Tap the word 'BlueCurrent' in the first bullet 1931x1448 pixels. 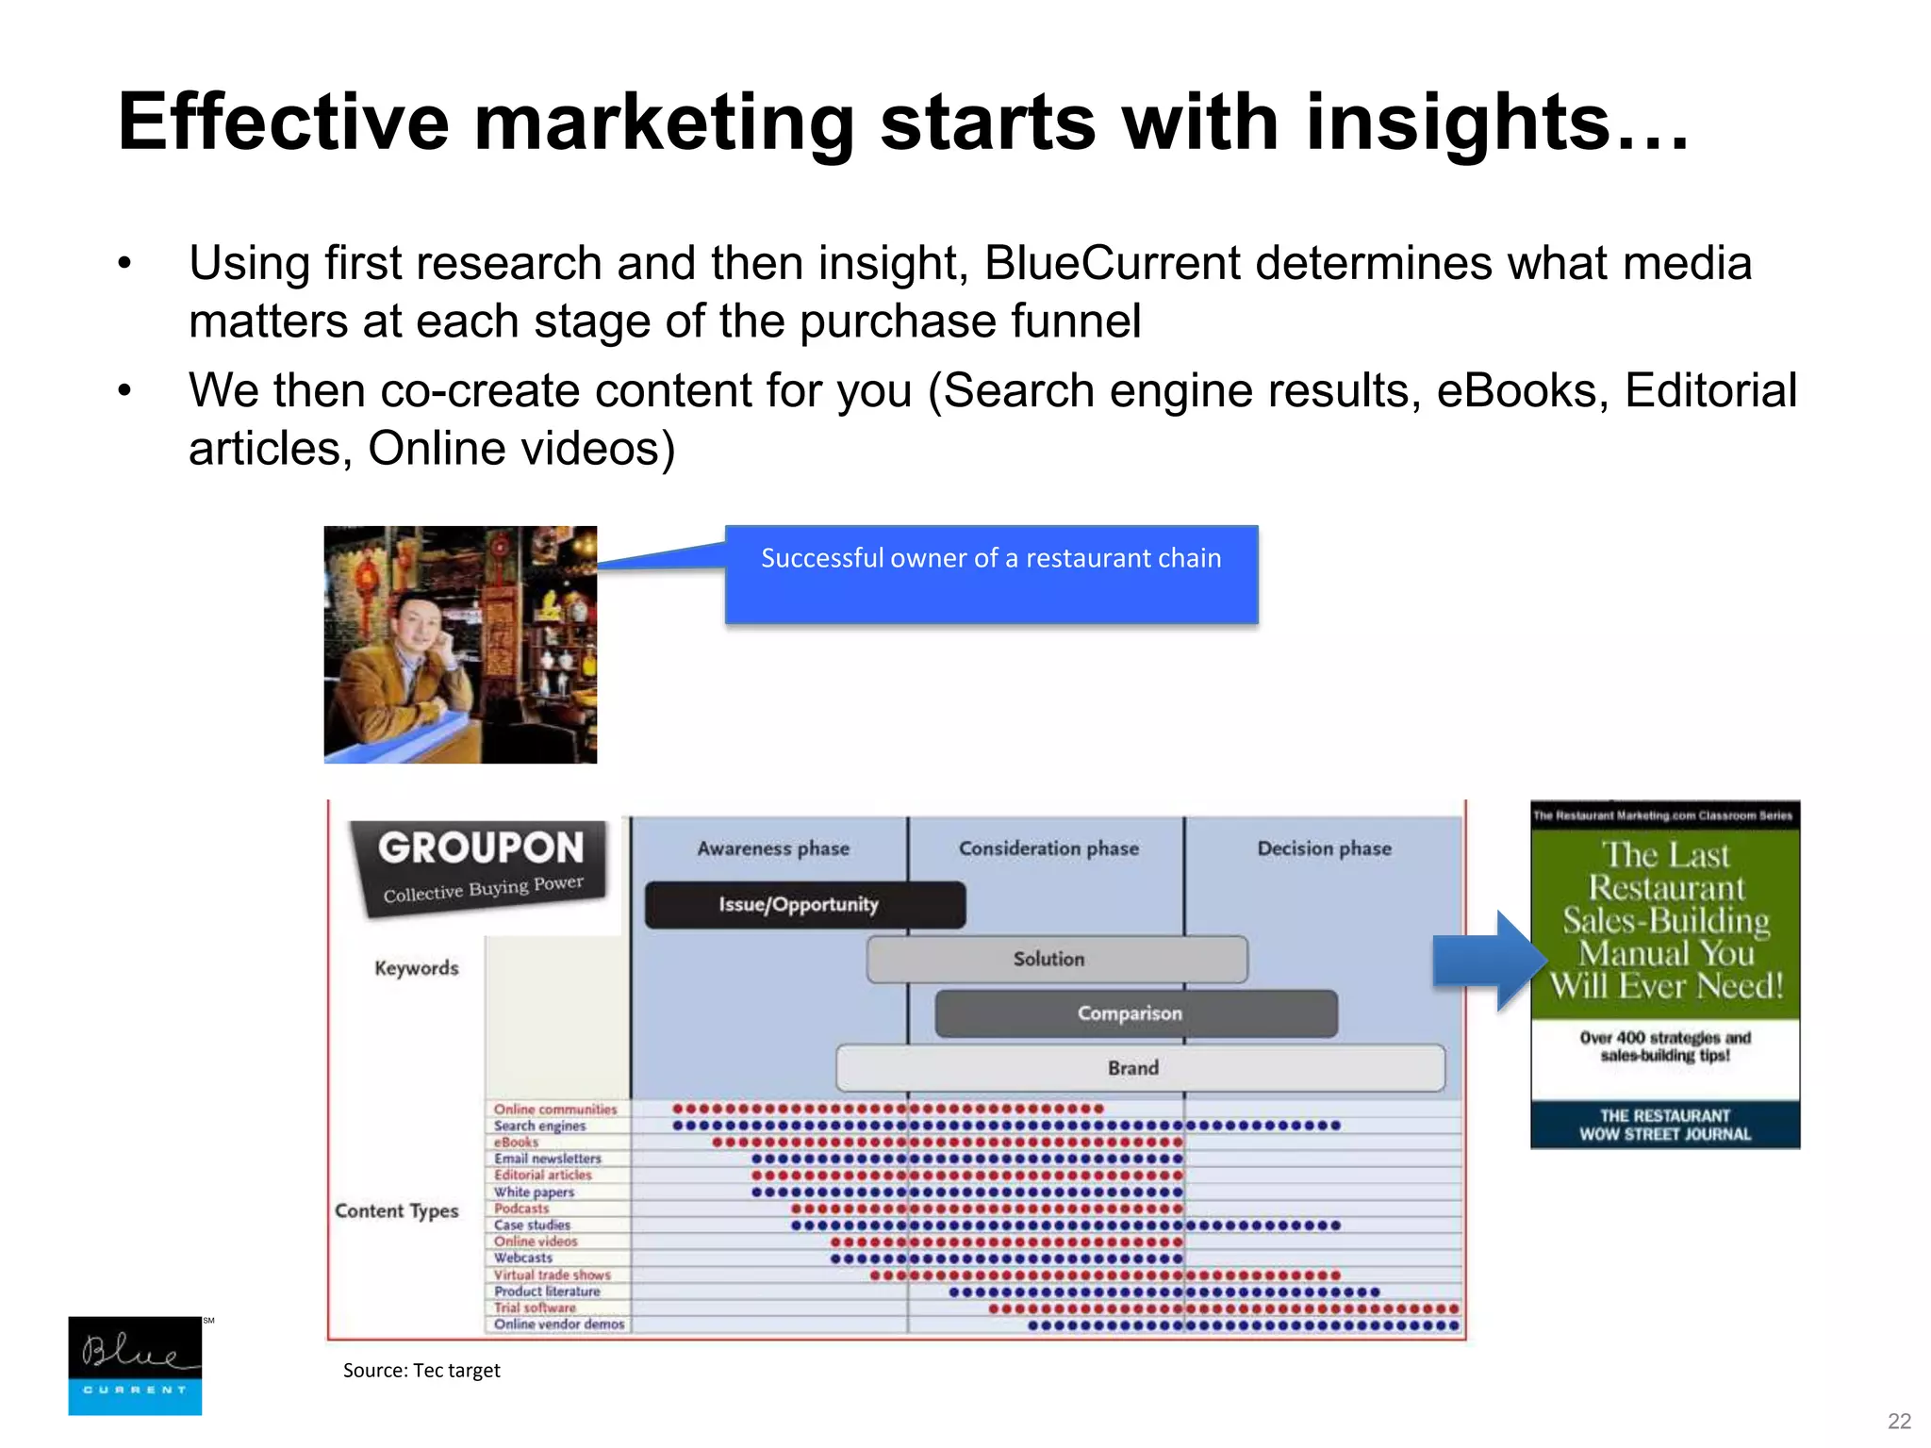click(1113, 263)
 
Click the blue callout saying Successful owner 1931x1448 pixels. click(991, 573)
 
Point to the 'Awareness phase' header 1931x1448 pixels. click(773, 848)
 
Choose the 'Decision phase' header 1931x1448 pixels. click(1324, 848)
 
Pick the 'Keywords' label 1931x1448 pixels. click(416, 968)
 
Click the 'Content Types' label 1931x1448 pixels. click(396, 1210)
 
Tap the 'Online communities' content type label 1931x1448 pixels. click(554, 1110)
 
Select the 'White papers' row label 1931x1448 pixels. click(534, 1192)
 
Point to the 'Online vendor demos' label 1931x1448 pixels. click(559, 1325)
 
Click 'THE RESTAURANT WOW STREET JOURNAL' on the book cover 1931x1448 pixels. click(1665, 1125)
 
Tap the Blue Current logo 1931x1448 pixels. click(135, 1366)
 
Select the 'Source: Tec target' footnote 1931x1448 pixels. click(421, 1371)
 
